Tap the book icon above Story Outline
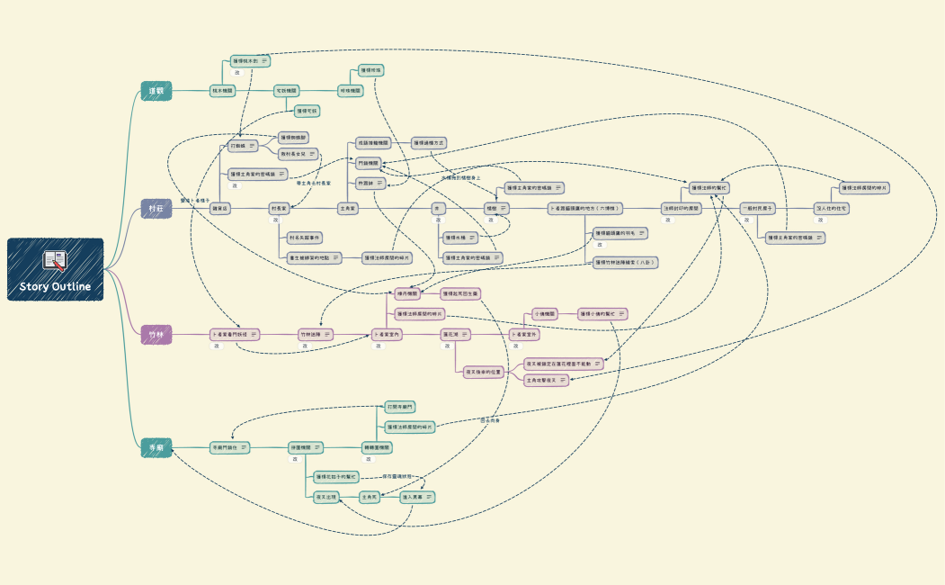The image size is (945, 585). point(56,260)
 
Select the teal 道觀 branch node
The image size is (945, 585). point(156,90)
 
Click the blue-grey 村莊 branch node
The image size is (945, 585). point(156,208)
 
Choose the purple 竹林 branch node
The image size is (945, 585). point(156,335)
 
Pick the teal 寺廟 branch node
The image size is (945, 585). point(156,446)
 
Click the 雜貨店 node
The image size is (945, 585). point(219,208)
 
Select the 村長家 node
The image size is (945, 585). point(282,208)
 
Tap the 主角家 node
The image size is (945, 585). point(347,208)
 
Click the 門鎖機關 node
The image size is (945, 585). point(368,163)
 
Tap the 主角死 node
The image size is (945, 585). point(369,497)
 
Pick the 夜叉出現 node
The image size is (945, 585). point(325,497)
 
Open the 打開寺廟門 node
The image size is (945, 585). point(400,408)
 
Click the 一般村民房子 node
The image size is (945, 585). point(757,208)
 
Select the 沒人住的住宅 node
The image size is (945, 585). point(832,208)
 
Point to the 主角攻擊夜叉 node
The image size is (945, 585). point(547,381)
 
